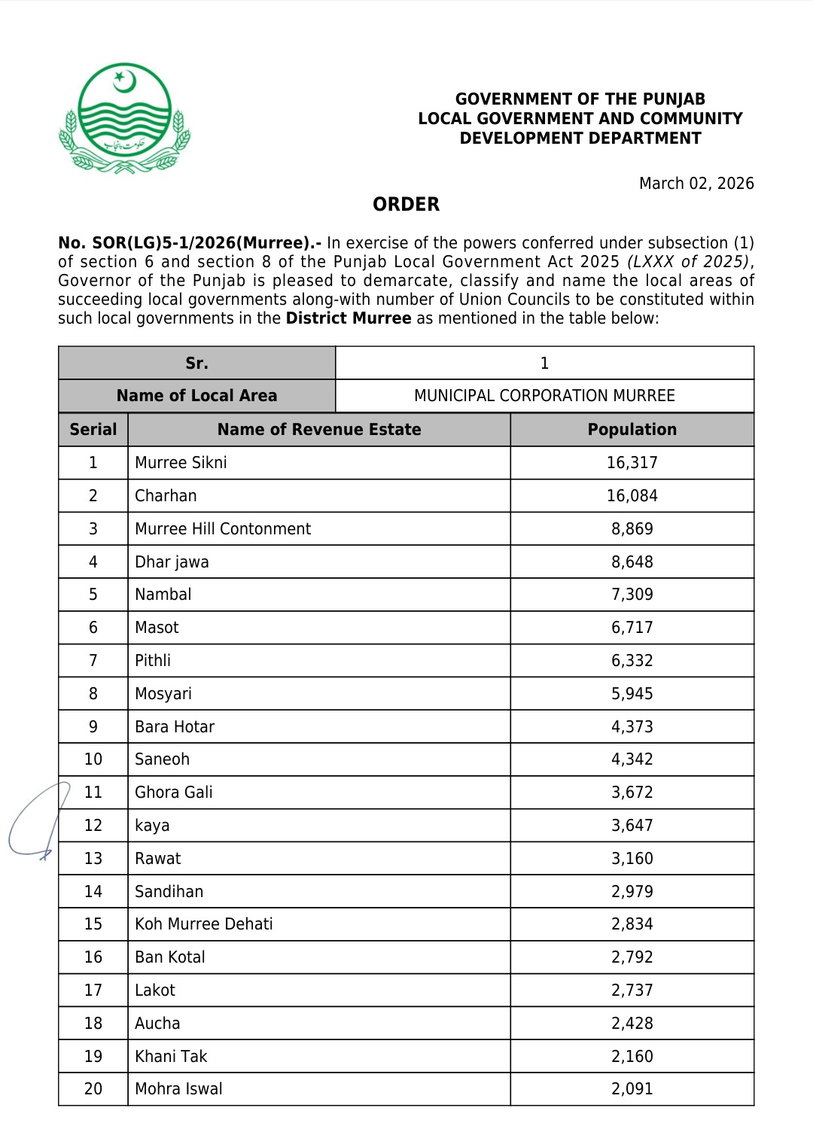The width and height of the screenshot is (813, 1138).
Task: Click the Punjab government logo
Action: (x=125, y=118)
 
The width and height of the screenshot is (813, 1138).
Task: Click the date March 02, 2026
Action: (x=696, y=184)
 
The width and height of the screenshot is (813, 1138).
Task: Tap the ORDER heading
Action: (x=406, y=205)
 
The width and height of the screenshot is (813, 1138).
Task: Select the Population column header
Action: (x=632, y=430)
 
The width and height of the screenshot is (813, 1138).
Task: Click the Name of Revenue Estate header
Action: (x=319, y=430)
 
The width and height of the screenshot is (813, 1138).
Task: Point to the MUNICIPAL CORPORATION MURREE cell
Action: (x=544, y=396)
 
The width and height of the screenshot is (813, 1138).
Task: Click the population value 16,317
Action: (x=632, y=463)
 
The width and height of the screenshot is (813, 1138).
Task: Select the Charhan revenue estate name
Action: (x=166, y=496)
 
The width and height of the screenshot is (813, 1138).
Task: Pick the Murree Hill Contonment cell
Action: (x=223, y=529)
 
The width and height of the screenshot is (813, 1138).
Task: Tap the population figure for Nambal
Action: (x=632, y=595)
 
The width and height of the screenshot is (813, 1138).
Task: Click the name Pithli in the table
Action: (x=153, y=661)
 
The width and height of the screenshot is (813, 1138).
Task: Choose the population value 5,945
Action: (x=632, y=694)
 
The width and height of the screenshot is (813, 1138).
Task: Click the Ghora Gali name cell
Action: (x=174, y=793)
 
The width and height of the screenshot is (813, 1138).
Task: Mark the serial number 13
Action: (x=93, y=859)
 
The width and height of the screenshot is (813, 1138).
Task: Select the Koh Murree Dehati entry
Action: (x=204, y=924)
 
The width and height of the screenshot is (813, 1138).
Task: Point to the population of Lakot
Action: (x=632, y=990)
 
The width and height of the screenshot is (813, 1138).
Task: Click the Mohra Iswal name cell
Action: (x=179, y=1089)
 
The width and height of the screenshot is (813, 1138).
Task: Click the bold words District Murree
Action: (x=349, y=318)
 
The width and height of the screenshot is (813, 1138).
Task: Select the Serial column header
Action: (x=93, y=430)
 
